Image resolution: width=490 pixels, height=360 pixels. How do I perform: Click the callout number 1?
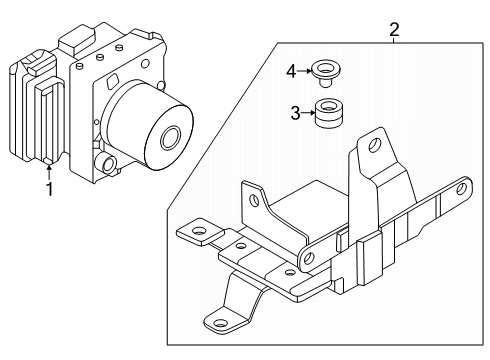[x=49, y=189]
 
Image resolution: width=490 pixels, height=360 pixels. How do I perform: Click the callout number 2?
[x=394, y=30]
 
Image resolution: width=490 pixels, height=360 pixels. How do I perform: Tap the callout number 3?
[x=295, y=113]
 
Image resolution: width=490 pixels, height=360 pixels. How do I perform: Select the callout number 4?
[x=291, y=71]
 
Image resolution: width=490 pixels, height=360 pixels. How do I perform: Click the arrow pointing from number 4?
[x=305, y=71]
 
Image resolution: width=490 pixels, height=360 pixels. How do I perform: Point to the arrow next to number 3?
[x=308, y=113]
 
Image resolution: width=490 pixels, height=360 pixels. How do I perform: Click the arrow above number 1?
[x=49, y=172]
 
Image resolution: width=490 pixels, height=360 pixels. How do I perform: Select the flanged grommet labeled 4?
[x=326, y=73]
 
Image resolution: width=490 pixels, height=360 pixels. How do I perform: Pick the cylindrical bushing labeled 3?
[x=329, y=113]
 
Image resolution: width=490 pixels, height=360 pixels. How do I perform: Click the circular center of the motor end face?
[x=170, y=137]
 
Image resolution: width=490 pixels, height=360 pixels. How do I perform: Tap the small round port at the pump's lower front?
[x=108, y=164]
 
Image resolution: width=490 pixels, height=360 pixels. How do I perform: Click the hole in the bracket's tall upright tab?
[x=375, y=144]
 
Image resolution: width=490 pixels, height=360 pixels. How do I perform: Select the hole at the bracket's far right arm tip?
[x=462, y=189]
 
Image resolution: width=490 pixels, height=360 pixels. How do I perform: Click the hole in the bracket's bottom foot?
[x=220, y=323]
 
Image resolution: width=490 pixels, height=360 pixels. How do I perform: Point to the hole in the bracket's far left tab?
[x=200, y=230]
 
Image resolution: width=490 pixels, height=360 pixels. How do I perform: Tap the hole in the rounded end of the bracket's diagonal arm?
[x=309, y=257]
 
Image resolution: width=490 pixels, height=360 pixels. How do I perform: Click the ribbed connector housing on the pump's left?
[x=37, y=107]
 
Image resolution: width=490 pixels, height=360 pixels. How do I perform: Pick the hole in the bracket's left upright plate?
[x=255, y=200]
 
